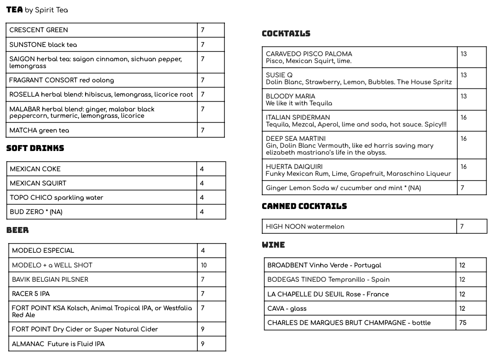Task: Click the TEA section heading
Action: [14, 10]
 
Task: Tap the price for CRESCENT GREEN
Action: [202, 30]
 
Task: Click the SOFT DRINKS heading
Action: [35, 148]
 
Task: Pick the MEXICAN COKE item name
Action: [35, 169]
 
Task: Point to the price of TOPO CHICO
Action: [202, 197]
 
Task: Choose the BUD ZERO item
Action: [36, 212]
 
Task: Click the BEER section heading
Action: [17, 230]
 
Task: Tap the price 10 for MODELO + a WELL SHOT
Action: [204, 265]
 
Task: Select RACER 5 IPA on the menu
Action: [31, 294]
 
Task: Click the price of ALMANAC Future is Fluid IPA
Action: [203, 344]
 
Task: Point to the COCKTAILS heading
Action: [286, 34]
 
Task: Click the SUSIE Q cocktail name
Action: [279, 75]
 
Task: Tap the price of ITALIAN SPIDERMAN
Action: [464, 117]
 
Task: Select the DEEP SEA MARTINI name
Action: [296, 139]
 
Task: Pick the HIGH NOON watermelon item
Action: [305, 226]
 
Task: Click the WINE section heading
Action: [273, 245]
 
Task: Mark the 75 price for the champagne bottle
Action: [463, 323]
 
